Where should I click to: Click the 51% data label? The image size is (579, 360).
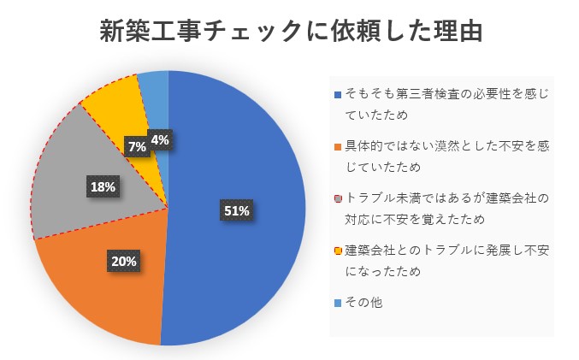point(236,210)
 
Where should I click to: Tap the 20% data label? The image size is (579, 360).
point(122,261)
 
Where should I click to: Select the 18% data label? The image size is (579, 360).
point(103,186)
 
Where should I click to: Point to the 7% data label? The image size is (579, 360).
point(136,146)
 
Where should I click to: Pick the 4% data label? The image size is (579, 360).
point(160,139)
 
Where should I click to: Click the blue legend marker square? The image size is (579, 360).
point(338,93)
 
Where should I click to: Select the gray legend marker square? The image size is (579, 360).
point(338,199)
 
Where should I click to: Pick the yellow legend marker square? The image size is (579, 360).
point(338,251)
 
